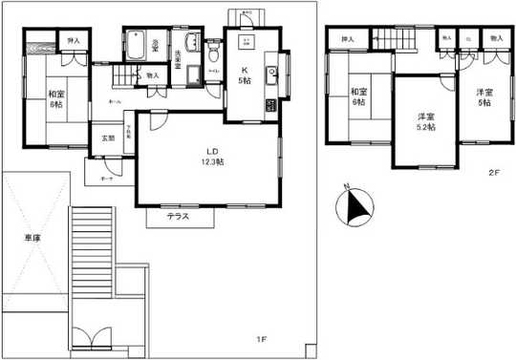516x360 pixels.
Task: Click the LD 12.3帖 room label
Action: [x=212, y=157]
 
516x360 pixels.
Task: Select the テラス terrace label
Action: [x=178, y=217]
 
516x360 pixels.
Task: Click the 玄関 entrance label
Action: [x=108, y=138]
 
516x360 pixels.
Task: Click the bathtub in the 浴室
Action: [x=134, y=46]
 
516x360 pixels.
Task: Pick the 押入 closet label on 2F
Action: [x=348, y=39]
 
